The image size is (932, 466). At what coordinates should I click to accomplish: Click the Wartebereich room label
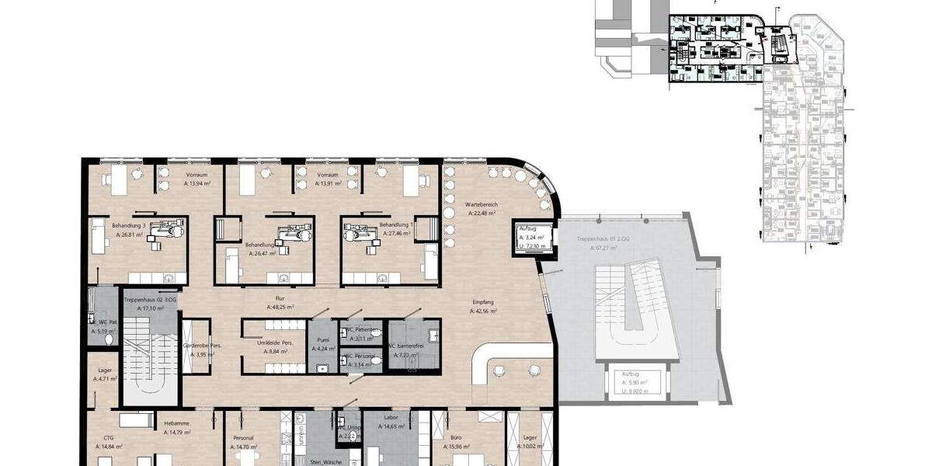click(483, 204)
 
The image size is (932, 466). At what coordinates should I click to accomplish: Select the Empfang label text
click(483, 302)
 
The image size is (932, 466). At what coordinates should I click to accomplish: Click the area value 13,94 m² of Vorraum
click(197, 185)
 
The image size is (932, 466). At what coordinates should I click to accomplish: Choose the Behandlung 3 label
click(128, 224)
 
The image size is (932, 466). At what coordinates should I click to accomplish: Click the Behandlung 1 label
click(395, 224)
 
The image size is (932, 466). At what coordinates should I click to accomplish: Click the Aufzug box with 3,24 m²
click(533, 236)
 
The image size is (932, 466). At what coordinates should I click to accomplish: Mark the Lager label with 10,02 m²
click(530, 437)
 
